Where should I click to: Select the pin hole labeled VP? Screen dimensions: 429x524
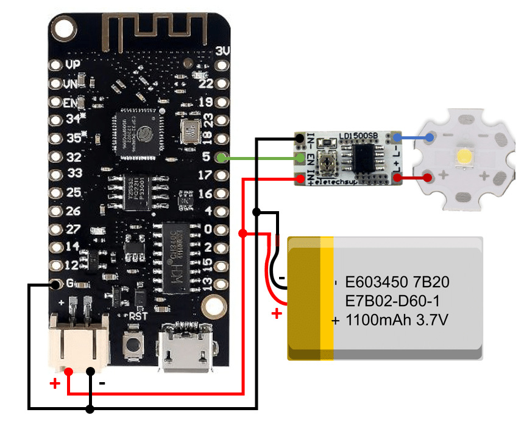tap(57, 64)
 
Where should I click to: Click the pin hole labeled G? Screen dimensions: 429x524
tap(56, 284)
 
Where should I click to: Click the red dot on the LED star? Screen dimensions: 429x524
tap(428, 178)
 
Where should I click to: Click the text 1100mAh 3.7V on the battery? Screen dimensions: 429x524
tap(397, 319)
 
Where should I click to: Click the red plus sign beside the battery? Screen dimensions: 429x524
tap(277, 313)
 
